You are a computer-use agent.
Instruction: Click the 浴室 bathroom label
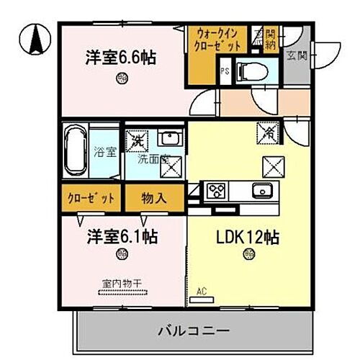pos(105,151)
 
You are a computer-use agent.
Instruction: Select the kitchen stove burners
pos(216,191)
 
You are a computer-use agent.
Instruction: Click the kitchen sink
pos(261,191)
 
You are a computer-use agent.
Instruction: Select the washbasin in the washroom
pos(171,138)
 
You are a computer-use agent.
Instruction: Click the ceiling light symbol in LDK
pos(248,253)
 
